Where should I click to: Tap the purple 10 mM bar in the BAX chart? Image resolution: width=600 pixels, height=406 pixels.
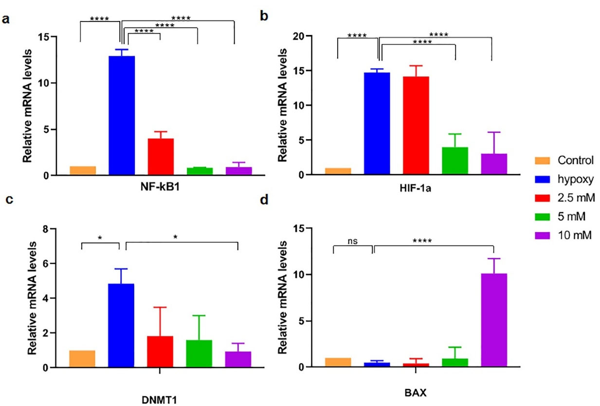click(x=494, y=319)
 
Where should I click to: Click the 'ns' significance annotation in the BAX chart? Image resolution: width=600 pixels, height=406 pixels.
click(x=353, y=240)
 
